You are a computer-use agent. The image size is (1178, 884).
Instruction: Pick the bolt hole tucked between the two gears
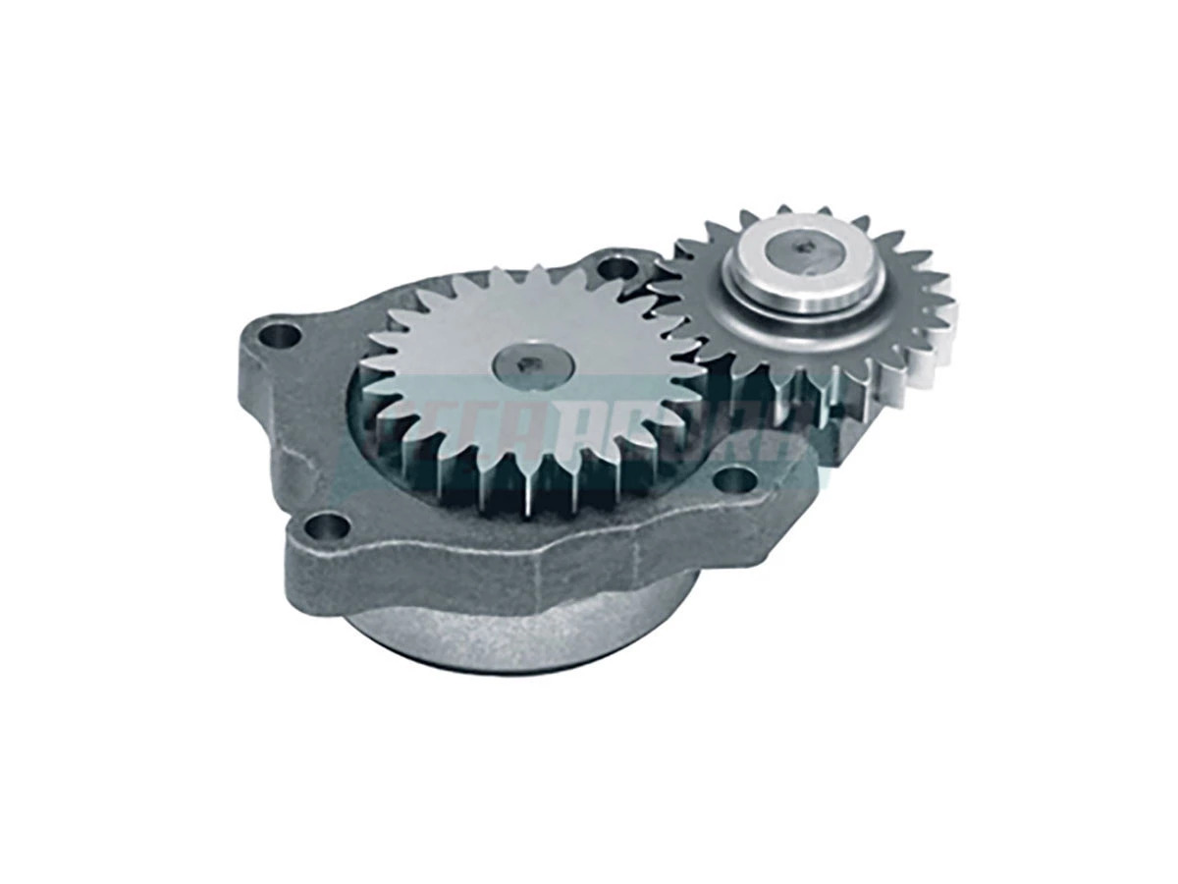(617, 266)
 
